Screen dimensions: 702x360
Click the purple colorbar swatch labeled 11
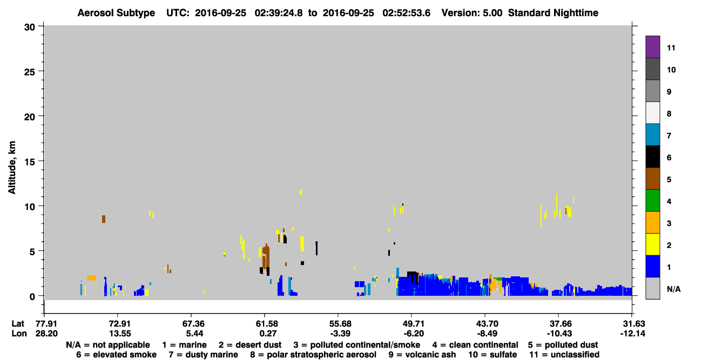652,46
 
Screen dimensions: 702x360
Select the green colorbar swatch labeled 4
652,201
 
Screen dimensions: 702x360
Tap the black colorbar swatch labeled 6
652,157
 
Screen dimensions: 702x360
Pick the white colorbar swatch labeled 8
652,113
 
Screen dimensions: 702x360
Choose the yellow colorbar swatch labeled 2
652,244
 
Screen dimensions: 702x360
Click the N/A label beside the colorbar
673,289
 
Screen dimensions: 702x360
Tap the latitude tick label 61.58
267,323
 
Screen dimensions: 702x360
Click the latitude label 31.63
633,323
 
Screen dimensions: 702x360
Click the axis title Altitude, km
12,168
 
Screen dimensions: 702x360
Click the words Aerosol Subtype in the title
116,13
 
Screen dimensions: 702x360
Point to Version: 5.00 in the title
472,13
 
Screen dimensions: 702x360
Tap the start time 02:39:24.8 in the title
279,13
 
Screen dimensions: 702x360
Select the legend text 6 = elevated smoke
116,355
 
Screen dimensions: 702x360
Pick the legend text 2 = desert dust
250,345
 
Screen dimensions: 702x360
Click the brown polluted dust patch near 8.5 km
104,219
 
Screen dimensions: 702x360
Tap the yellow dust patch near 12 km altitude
301,192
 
